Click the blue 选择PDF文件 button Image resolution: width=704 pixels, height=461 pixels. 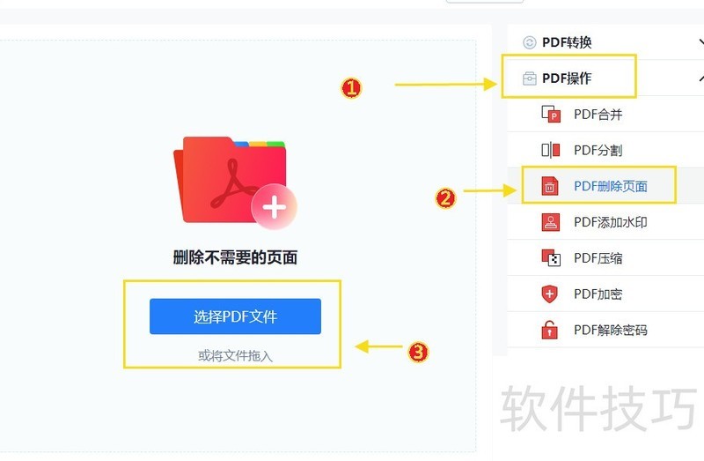pos(235,316)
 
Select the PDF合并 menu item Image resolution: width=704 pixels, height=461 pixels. pos(598,114)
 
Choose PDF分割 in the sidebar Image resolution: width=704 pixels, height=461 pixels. pos(598,150)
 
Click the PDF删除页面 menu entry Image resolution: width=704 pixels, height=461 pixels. pos(610,186)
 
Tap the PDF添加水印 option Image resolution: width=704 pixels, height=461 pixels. pos(610,222)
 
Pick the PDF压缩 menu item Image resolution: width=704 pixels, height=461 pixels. pos(598,258)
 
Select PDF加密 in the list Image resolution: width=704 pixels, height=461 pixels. pos(598,294)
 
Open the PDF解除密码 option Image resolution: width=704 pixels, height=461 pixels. pos(610,331)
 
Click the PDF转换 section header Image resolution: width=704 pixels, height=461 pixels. pos(567,41)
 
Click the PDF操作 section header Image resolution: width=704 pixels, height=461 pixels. pos(567,78)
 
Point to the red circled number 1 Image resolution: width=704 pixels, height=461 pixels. pos(351,87)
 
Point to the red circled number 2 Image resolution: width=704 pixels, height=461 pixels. pos(446,197)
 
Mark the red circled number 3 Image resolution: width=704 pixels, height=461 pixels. pos(419,353)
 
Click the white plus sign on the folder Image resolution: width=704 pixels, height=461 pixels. pos(275,207)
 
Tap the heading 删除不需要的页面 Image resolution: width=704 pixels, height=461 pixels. pos(235,257)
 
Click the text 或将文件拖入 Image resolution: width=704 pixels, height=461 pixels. pos(235,356)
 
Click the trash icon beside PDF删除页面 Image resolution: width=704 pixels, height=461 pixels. pos(550,186)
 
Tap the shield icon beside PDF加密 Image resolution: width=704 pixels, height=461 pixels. pos(550,294)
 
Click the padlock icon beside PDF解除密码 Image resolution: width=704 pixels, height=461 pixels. pos(550,331)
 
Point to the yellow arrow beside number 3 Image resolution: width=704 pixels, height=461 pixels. pos(378,347)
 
